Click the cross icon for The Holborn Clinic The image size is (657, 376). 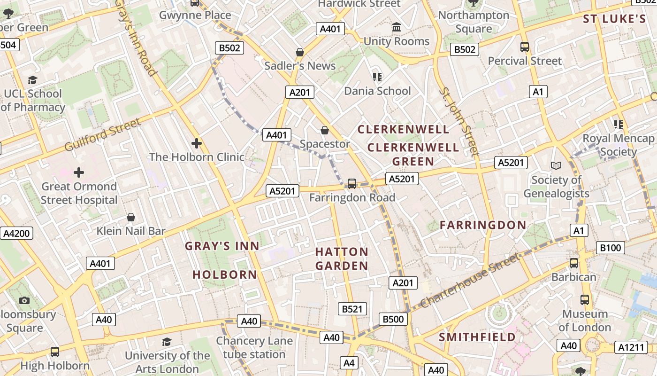click(x=197, y=143)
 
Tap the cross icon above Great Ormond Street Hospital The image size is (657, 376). click(x=79, y=172)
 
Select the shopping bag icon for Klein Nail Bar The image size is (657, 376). click(x=131, y=217)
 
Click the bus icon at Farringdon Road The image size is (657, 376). click(x=352, y=184)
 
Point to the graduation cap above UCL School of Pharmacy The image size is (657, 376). click(x=32, y=80)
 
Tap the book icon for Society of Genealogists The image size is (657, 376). click(x=556, y=165)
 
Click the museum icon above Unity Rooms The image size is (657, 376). click(x=397, y=27)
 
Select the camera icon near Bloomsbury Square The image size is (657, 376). click(x=24, y=300)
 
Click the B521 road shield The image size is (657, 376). click(x=352, y=309)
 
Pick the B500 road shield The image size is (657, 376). click(x=393, y=319)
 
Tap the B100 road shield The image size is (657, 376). click(x=610, y=248)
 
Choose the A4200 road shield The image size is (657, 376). click(x=16, y=233)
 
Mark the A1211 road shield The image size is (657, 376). click(x=631, y=347)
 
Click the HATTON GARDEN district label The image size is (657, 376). click(x=342, y=259)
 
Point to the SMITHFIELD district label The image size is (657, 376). click(x=477, y=337)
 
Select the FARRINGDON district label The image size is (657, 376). click(x=483, y=225)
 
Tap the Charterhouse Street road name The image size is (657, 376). click(x=470, y=281)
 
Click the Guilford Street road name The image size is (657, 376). click(x=103, y=135)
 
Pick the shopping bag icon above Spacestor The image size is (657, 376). click(x=324, y=130)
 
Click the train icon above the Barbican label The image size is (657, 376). click(x=573, y=263)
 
